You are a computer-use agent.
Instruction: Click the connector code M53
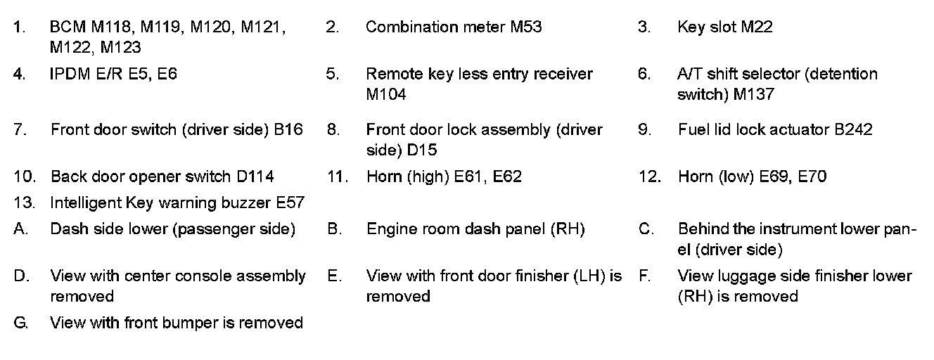(x=525, y=27)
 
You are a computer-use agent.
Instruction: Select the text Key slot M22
(x=724, y=27)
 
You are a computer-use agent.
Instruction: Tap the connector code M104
(x=386, y=94)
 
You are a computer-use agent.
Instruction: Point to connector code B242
(x=853, y=130)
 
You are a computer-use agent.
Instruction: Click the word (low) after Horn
(x=736, y=176)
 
